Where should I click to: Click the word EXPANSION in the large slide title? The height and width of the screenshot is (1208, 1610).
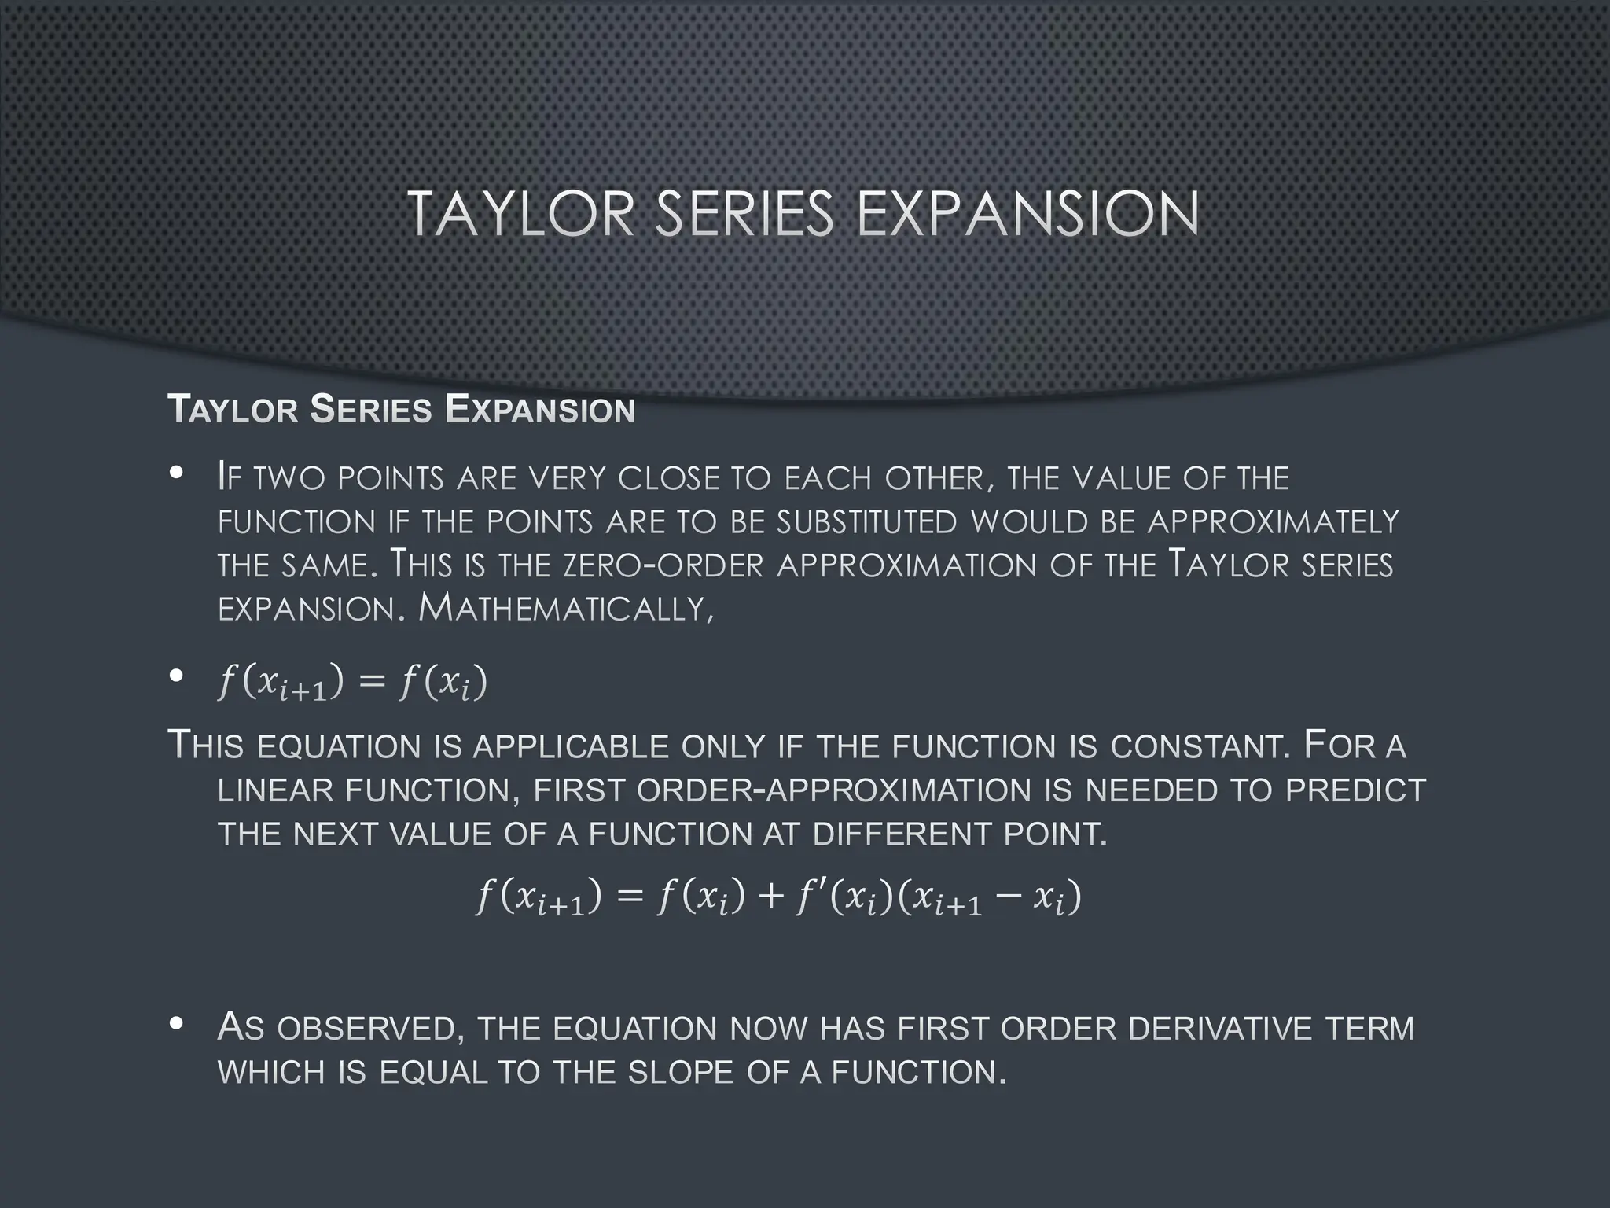tap(1027, 214)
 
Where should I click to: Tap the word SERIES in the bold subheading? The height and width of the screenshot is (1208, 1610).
tap(370, 410)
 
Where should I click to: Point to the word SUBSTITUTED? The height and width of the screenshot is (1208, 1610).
tap(866, 522)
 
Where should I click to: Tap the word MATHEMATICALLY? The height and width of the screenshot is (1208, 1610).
tap(566, 608)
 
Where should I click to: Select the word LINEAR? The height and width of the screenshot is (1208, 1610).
tap(274, 790)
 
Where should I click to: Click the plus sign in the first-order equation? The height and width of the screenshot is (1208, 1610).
tap(771, 897)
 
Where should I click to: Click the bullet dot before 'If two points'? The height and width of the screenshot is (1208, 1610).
tap(176, 473)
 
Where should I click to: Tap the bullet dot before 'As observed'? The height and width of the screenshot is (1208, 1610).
tap(176, 1024)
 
